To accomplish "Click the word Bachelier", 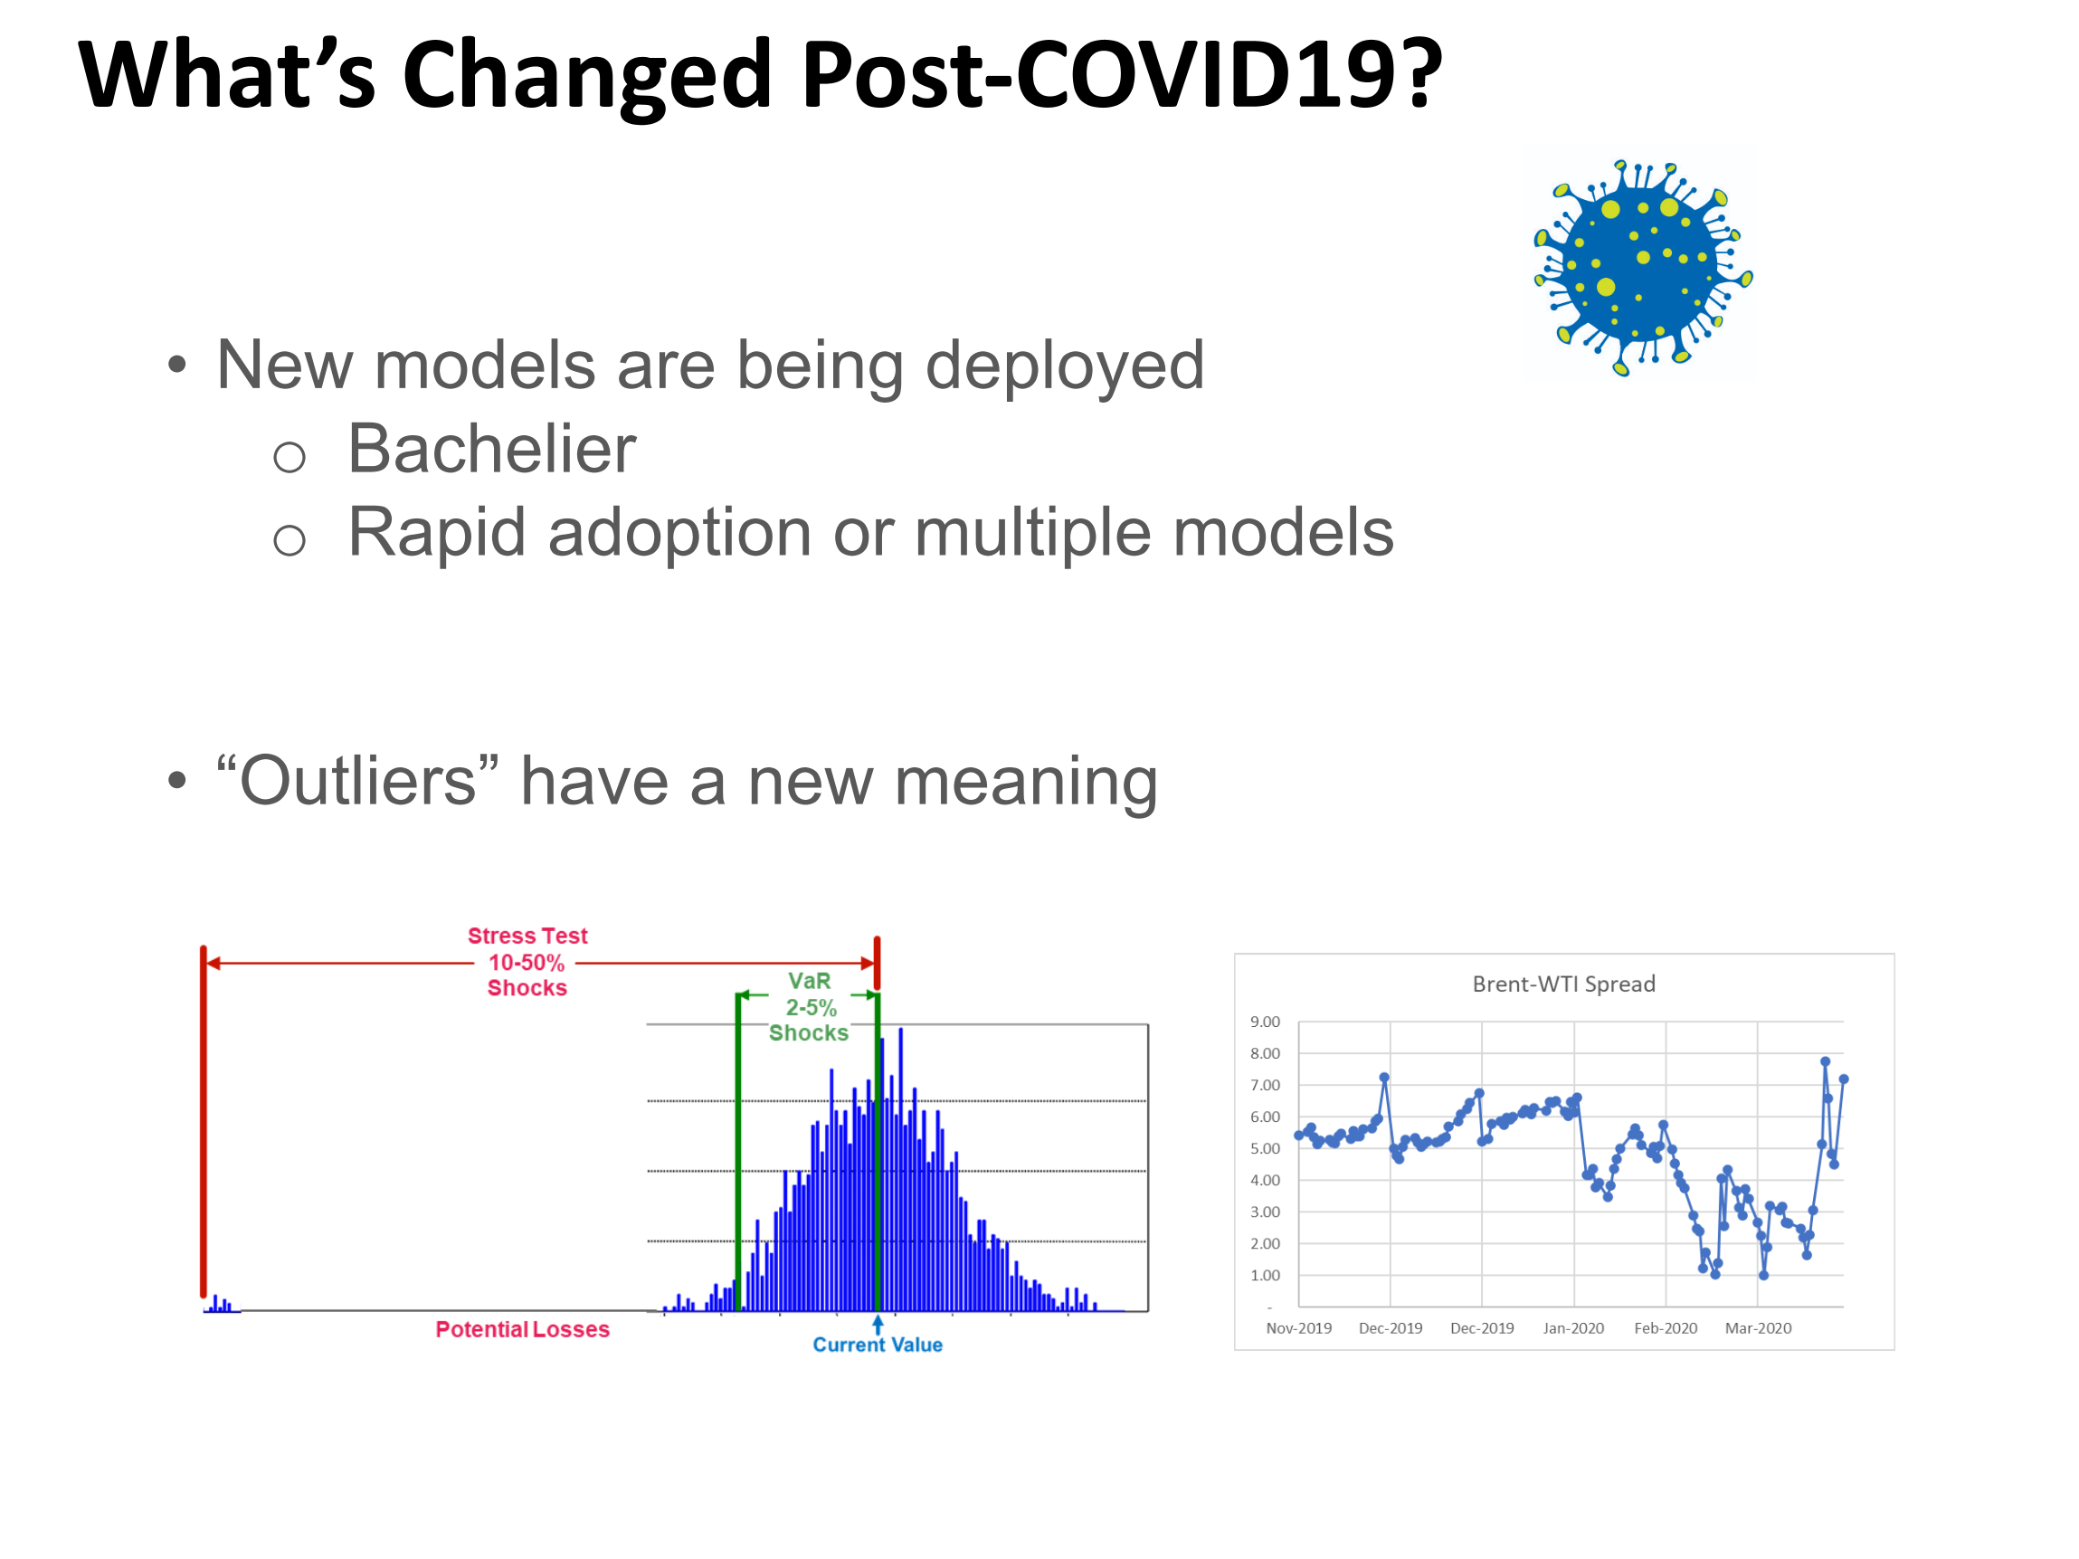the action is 491,449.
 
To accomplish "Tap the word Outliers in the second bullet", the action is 357,781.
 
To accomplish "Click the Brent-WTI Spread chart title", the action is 1564,984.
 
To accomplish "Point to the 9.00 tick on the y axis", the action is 1265,1022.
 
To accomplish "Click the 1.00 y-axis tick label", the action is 1265,1275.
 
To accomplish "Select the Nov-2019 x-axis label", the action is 1299,1328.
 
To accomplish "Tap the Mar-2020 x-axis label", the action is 1759,1328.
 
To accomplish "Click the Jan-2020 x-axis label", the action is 1573,1328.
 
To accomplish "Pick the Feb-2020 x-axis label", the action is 1666,1328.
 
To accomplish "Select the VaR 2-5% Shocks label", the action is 809,1007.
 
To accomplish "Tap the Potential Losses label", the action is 523,1330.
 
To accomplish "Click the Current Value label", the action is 878,1345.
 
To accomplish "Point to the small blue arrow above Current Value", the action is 878,1323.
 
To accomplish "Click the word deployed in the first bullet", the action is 1065,366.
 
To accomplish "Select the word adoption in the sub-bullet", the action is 680,534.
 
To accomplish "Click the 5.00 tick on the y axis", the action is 1265,1148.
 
